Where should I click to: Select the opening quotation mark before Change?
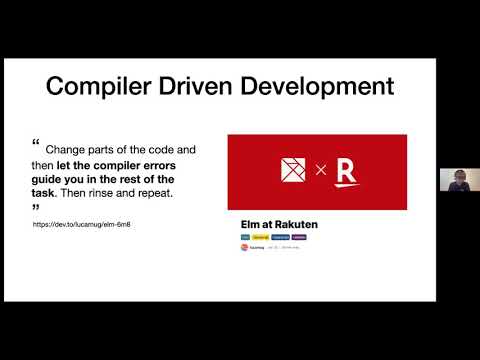tap(37, 143)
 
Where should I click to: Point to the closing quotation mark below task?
tap(37, 207)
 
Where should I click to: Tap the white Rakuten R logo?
tap(345, 171)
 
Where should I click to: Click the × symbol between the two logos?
tap(321, 171)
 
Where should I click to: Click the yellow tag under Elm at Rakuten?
tap(260, 237)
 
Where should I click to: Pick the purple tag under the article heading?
tap(299, 237)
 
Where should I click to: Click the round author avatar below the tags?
tap(246, 247)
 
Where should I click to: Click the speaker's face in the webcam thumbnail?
tap(459, 181)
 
